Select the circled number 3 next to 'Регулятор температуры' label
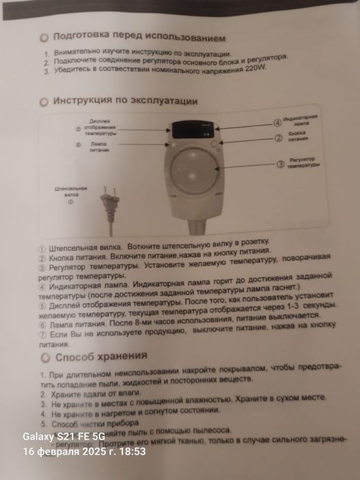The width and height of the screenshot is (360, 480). [280, 164]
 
